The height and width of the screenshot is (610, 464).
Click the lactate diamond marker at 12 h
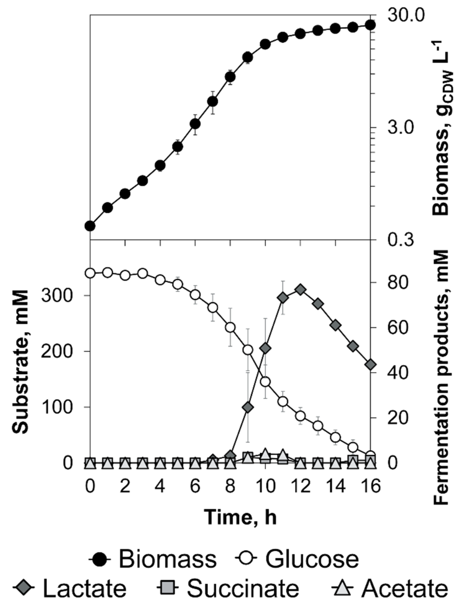tap(301, 290)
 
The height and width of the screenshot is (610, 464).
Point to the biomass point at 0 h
tap(90, 226)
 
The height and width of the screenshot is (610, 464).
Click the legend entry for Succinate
tap(228, 588)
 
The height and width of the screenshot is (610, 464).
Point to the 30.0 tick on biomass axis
tap(405, 15)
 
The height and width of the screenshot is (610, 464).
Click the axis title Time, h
tap(240, 517)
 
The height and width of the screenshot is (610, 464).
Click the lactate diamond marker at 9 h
tap(248, 408)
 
